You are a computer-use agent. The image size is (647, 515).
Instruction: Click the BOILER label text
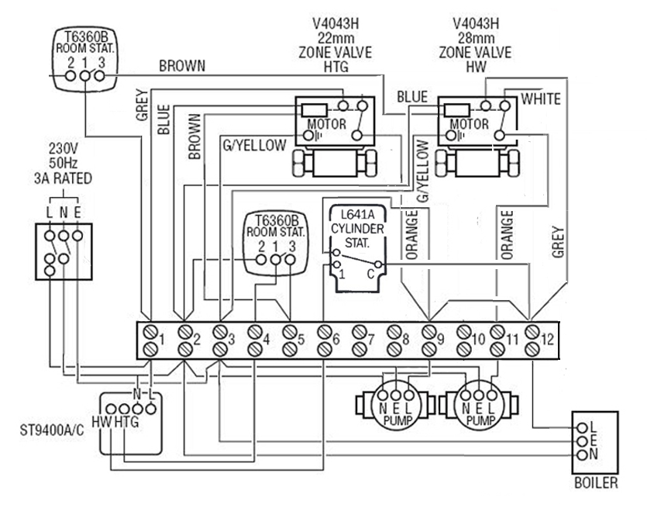tap(596, 482)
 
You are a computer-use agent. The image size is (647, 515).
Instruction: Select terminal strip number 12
tap(547, 340)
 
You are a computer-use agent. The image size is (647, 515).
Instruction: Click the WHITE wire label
tap(541, 99)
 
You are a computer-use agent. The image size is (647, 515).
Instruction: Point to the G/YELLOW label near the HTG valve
tap(255, 145)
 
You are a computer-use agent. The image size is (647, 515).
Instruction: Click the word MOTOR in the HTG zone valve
tap(327, 124)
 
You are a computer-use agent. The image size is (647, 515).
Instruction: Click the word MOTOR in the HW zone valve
tap(469, 124)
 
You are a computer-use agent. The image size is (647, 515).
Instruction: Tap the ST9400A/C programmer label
tap(52, 430)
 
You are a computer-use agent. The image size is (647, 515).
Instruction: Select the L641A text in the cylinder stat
tap(358, 215)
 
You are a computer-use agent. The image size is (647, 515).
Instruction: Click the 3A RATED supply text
tap(63, 178)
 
